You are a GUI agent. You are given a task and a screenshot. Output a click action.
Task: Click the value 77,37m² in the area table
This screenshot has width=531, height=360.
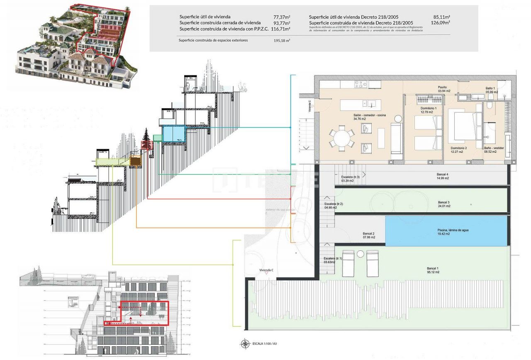click(282, 17)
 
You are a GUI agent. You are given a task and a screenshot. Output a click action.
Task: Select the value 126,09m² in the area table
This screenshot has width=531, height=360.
click(441, 23)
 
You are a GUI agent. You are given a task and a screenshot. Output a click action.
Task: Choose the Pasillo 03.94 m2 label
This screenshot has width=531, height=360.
click(442, 89)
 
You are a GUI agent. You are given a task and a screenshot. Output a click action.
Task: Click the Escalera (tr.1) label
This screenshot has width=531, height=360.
click(333, 260)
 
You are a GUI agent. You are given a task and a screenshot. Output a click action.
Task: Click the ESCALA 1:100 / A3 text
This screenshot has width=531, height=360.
click(265, 344)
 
